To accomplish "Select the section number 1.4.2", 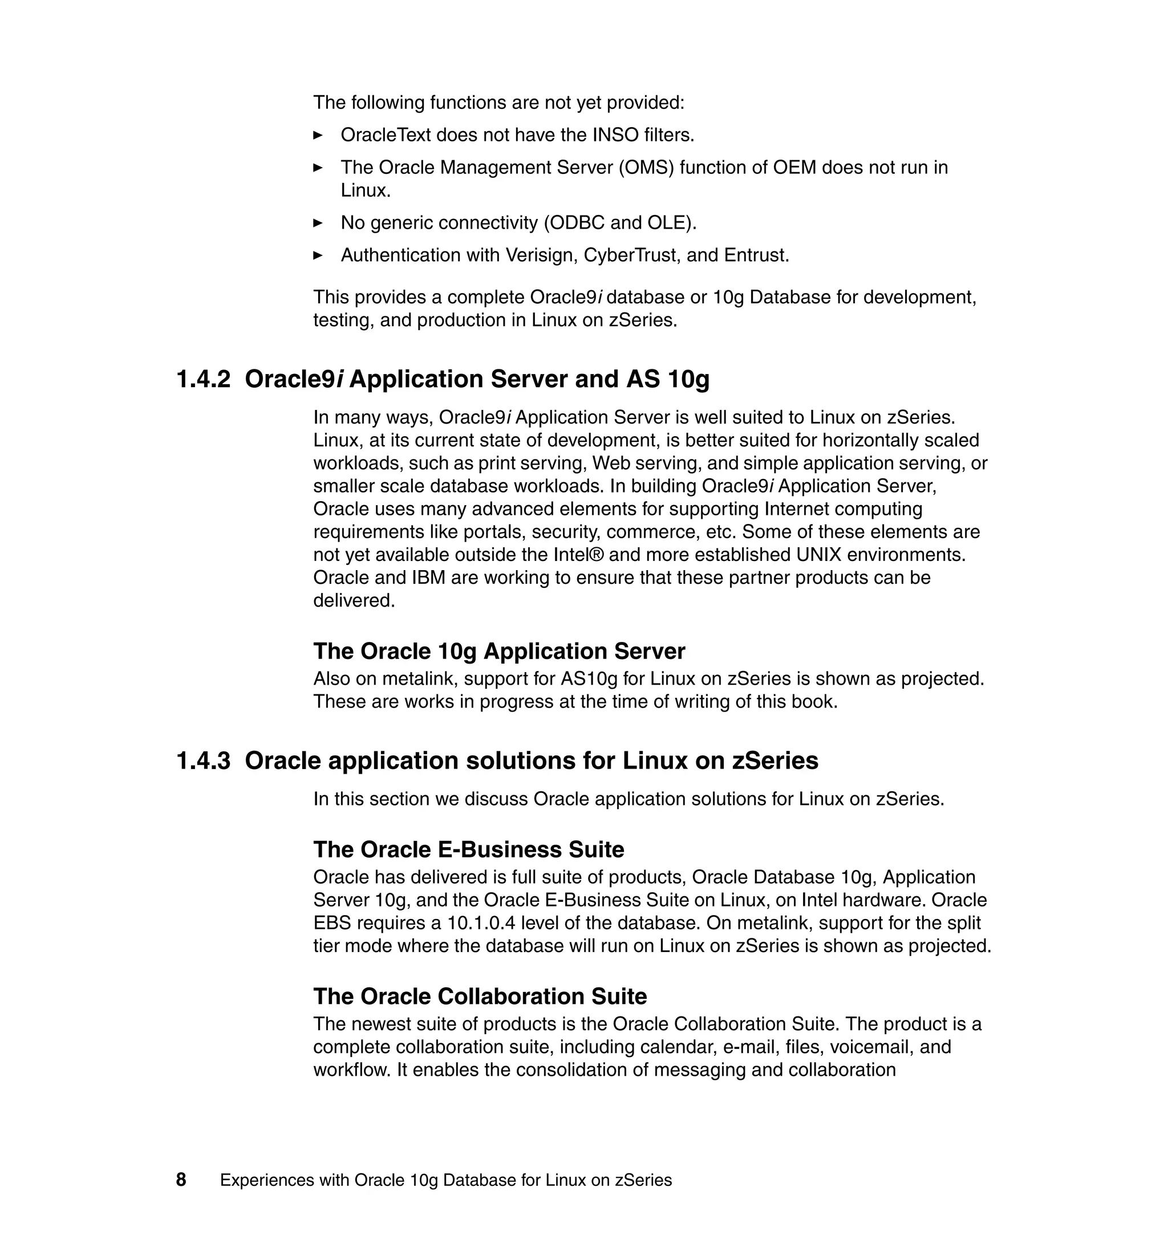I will click(204, 379).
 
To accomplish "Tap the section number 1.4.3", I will click(204, 761).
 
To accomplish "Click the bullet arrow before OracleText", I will click(318, 135).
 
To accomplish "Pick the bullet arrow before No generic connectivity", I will click(318, 223).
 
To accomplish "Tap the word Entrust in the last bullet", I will click(756, 255).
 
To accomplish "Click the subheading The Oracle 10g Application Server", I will click(498, 651).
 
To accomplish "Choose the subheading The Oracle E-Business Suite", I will click(468, 849).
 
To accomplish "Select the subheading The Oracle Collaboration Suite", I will click(480, 996).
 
